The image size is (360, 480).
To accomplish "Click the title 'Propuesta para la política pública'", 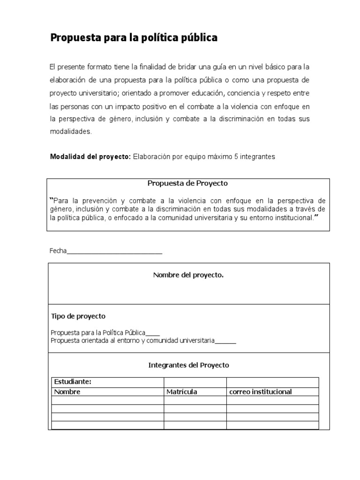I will pyautogui.click(x=134, y=38).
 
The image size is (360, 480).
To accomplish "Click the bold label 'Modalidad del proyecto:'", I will pyautogui.click(x=90, y=157).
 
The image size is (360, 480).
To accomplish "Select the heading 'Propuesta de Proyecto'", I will pyautogui.click(x=187, y=183).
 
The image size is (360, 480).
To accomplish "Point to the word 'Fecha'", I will pyautogui.click(x=58, y=251).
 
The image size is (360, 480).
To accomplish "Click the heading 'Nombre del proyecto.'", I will pyautogui.click(x=188, y=275).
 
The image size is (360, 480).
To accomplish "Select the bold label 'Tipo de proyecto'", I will pyautogui.click(x=78, y=316).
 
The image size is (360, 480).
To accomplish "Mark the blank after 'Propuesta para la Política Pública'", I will pyautogui.click(x=153, y=333).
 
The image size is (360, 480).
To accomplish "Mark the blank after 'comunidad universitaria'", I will pyautogui.click(x=225, y=341).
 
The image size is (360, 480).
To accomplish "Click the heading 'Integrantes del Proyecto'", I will pyautogui.click(x=188, y=365).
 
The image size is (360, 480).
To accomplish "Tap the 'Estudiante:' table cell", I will pyautogui.click(x=73, y=382).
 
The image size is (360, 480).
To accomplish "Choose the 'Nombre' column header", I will pyautogui.click(x=67, y=392).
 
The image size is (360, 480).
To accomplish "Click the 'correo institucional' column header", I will pyautogui.click(x=261, y=392).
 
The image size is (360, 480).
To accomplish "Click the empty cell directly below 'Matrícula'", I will pyautogui.click(x=195, y=400).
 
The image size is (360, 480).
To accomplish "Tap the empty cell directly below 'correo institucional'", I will pyautogui.click(x=272, y=400).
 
